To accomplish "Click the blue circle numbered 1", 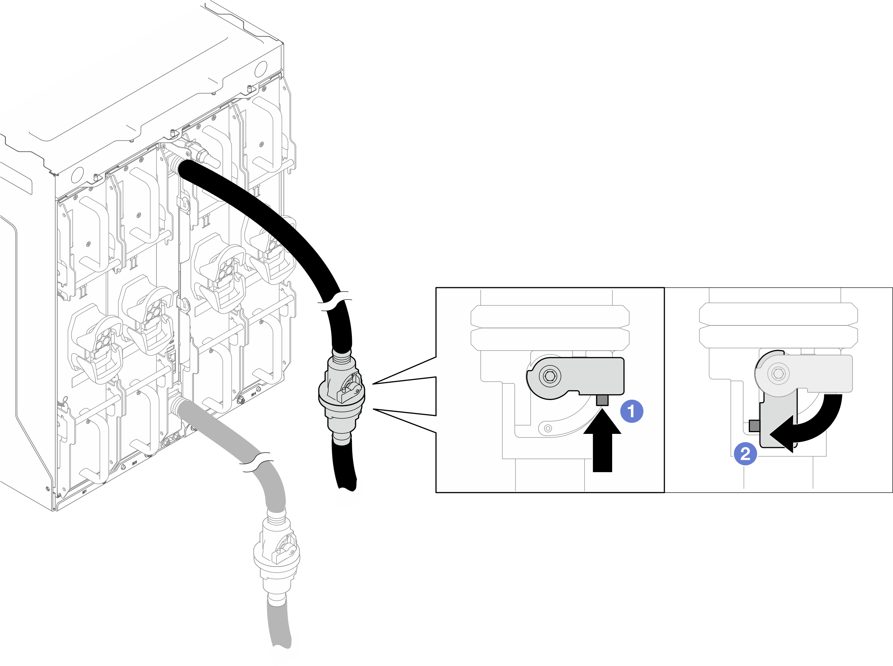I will pos(631,411).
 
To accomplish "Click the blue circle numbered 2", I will pos(745,454).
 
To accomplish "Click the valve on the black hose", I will pos(342,393).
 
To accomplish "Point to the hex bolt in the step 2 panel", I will pos(778,373).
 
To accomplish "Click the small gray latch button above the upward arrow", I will pos(602,400).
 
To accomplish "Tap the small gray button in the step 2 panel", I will pos(754,425).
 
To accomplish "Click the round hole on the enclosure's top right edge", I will pos(261,69).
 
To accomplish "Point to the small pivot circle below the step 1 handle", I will pos(548,428).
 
